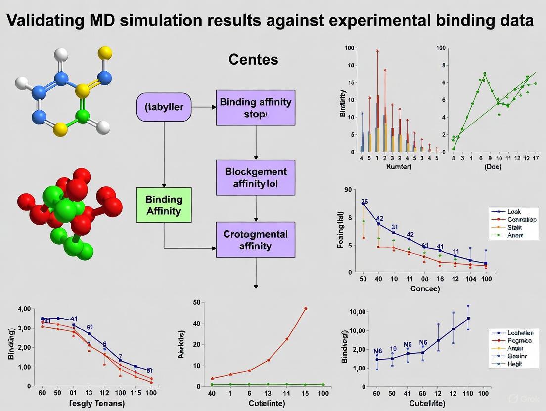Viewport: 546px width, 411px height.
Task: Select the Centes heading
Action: pyautogui.click(x=253, y=60)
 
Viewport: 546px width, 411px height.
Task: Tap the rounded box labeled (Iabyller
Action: pyautogui.click(x=164, y=107)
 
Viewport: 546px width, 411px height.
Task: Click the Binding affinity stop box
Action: pyautogui.click(x=256, y=108)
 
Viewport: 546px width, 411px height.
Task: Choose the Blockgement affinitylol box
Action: pyautogui.click(x=256, y=177)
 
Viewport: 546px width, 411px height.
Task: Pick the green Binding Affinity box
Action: pyautogui.click(x=164, y=205)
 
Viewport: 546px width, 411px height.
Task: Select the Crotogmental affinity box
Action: pyautogui.click(x=256, y=240)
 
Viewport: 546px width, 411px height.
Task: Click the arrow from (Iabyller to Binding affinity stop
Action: pyautogui.click(x=204, y=107)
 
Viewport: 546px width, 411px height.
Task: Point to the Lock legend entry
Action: pyautogui.click(x=514, y=211)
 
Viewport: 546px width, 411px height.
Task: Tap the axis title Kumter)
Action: pyautogui.click(x=399, y=167)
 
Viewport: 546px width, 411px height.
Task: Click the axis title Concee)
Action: pyautogui.click(x=425, y=288)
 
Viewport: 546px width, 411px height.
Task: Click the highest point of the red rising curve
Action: pyautogui.click(x=306, y=308)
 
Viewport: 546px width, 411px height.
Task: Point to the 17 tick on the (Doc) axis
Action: pyautogui.click(x=537, y=158)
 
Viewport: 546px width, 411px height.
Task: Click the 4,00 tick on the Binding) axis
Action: pyautogui.click(x=24, y=309)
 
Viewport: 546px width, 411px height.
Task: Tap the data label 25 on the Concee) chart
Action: pyautogui.click(x=365, y=201)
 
